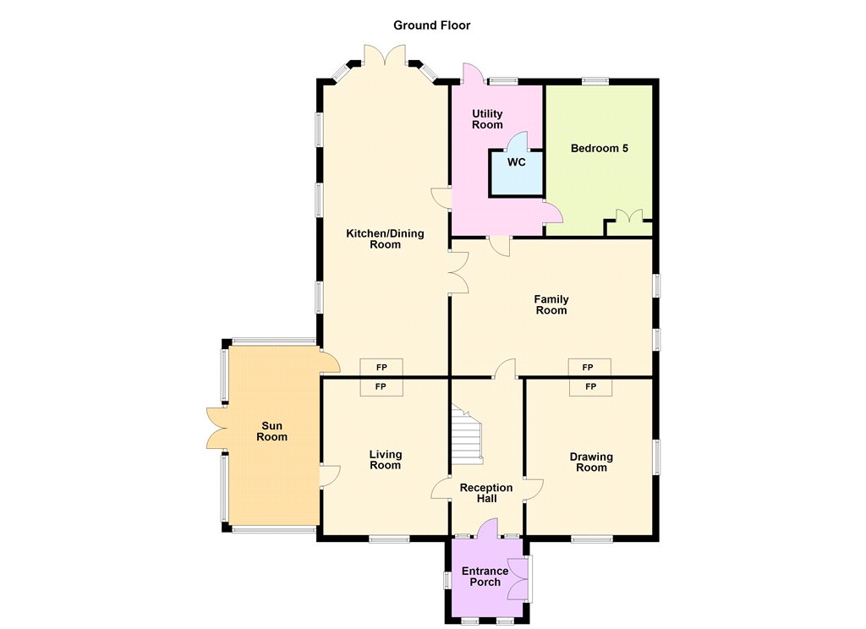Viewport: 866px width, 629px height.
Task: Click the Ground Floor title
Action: click(431, 25)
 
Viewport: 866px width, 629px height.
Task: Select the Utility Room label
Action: click(487, 118)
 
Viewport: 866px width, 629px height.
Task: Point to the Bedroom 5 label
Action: click(600, 148)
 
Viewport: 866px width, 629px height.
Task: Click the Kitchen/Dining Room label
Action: click(385, 238)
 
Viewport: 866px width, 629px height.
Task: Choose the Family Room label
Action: click(551, 304)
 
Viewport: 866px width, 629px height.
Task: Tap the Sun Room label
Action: click(271, 431)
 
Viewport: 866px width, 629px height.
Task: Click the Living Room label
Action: click(385, 459)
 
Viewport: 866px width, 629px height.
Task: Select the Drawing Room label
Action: click(591, 462)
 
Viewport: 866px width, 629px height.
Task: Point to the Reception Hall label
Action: click(486, 493)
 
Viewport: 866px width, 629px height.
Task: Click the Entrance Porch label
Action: click(485, 577)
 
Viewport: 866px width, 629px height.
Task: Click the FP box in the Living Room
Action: click(381, 386)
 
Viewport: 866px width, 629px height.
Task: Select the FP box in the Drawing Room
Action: click(590, 386)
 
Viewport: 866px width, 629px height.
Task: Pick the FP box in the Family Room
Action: click(589, 367)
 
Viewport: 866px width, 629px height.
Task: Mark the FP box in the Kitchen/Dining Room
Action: click(381, 367)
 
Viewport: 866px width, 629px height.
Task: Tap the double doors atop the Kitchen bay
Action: click(385, 55)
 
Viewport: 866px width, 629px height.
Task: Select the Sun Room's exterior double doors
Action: click(216, 428)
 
